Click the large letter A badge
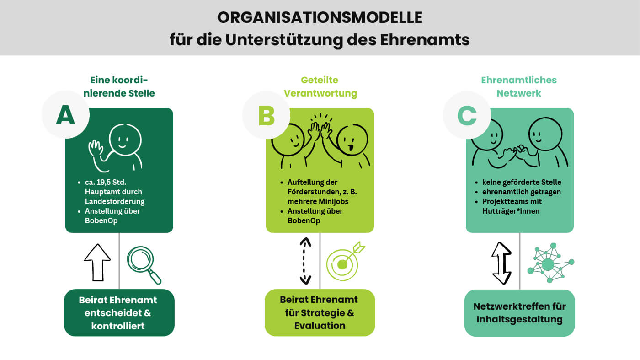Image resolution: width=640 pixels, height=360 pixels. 65,115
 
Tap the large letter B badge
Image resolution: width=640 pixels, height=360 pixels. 266,115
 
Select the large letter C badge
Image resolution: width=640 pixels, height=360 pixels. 467,115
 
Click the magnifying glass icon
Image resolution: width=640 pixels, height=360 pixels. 144,264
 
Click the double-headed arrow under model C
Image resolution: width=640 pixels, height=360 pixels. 501,263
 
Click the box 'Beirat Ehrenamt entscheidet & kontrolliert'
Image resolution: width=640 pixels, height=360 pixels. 119,313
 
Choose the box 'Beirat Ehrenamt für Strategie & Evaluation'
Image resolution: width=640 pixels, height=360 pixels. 320,312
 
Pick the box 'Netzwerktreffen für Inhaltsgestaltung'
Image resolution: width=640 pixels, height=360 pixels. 519,313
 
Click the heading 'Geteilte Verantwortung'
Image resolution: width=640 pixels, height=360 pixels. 320,86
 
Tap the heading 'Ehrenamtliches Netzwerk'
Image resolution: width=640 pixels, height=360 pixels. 518,86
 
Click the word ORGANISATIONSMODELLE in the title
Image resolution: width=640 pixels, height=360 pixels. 320,18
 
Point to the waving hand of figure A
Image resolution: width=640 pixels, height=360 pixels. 96,149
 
